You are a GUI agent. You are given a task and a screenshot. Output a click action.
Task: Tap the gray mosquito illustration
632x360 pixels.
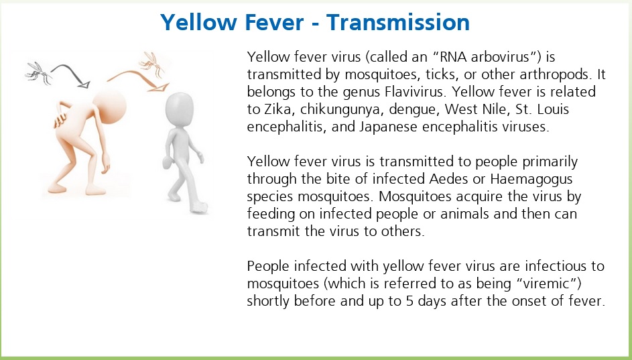(x=38, y=72)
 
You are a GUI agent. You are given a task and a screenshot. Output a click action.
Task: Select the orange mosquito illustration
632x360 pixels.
(x=152, y=64)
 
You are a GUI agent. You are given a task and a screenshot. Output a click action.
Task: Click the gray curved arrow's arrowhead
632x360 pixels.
(x=84, y=84)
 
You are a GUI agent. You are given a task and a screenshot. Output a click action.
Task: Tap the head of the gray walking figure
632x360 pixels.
(x=180, y=108)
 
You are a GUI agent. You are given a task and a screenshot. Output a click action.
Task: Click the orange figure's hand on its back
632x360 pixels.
(x=60, y=120)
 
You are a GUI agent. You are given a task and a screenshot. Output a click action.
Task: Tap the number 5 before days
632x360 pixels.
(x=409, y=301)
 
